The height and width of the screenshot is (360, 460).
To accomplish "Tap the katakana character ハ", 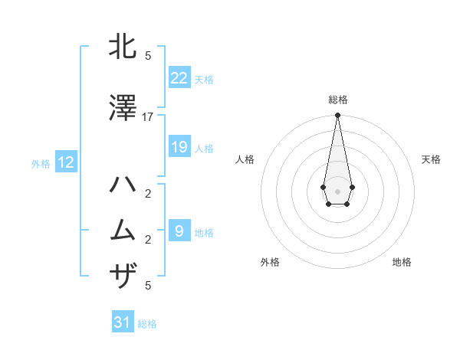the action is pyautogui.click(x=123, y=185).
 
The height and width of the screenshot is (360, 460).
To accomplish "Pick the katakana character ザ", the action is pyautogui.click(x=123, y=273).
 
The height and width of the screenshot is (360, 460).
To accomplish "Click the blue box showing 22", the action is pyautogui.click(x=179, y=78).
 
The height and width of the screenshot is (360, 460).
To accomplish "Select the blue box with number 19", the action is pyautogui.click(x=179, y=147).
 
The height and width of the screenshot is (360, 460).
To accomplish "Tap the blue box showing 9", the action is pyautogui.click(x=179, y=231).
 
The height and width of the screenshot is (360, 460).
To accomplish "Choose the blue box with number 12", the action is pyautogui.click(x=66, y=162).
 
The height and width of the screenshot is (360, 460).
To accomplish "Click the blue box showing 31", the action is pyautogui.click(x=123, y=322).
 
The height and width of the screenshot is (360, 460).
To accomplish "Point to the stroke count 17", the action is pyautogui.click(x=148, y=116).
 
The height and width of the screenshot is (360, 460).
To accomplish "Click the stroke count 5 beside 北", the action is pyautogui.click(x=148, y=55).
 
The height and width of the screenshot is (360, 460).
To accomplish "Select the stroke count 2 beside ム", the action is pyautogui.click(x=148, y=239).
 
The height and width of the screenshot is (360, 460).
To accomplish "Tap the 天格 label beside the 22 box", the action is pyautogui.click(x=204, y=80).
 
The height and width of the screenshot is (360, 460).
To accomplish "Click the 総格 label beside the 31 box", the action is pyautogui.click(x=147, y=324).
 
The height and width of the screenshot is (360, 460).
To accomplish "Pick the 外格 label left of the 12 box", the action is pyautogui.click(x=41, y=163).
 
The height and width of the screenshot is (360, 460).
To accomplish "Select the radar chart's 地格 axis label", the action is pyautogui.click(x=402, y=262).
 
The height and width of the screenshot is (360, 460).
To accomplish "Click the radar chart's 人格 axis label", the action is pyautogui.click(x=245, y=159).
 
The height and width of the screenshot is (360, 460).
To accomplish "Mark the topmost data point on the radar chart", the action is pyautogui.click(x=337, y=115).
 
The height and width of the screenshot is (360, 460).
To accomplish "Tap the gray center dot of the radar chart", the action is pyautogui.click(x=337, y=190).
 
